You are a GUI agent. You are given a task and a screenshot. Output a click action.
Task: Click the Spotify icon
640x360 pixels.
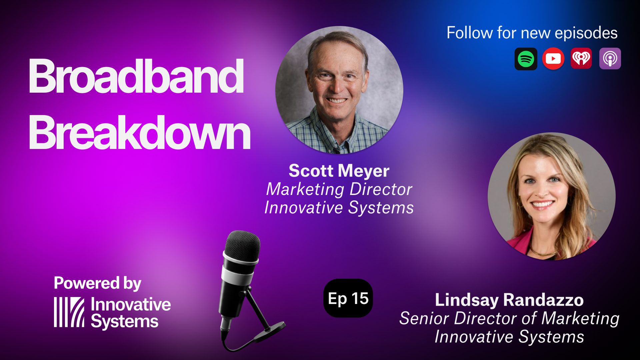click(x=526, y=59)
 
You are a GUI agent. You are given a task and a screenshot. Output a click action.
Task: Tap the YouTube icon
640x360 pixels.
click(x=553, y=59)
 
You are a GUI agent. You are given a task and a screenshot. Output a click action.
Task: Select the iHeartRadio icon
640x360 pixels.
click(x=581, y=59)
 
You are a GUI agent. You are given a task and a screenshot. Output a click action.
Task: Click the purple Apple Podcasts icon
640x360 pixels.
click(x=610, y=59)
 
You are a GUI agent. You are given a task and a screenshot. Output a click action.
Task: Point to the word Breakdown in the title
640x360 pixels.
click(x=140, y=132)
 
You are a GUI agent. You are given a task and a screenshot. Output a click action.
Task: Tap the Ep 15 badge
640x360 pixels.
click(x=348, y=298)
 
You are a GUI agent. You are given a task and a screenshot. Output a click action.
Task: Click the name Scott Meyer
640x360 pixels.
click(x=339, y=171)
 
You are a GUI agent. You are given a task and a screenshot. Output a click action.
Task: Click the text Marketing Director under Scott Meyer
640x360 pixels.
click(x=339, y=189)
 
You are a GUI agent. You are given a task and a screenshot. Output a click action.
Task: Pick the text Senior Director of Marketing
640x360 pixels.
click(x=509, y=318)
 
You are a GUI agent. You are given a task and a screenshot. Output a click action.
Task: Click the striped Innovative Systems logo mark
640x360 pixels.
click(x=69, y=312)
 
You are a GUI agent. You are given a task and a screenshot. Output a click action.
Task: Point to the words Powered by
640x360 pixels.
click(x=97, y=283)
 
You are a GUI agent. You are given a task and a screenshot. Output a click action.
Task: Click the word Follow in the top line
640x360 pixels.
click(x=470, y=33)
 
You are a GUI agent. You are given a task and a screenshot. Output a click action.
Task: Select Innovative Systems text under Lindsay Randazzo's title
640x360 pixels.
click(x=509, y=337)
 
